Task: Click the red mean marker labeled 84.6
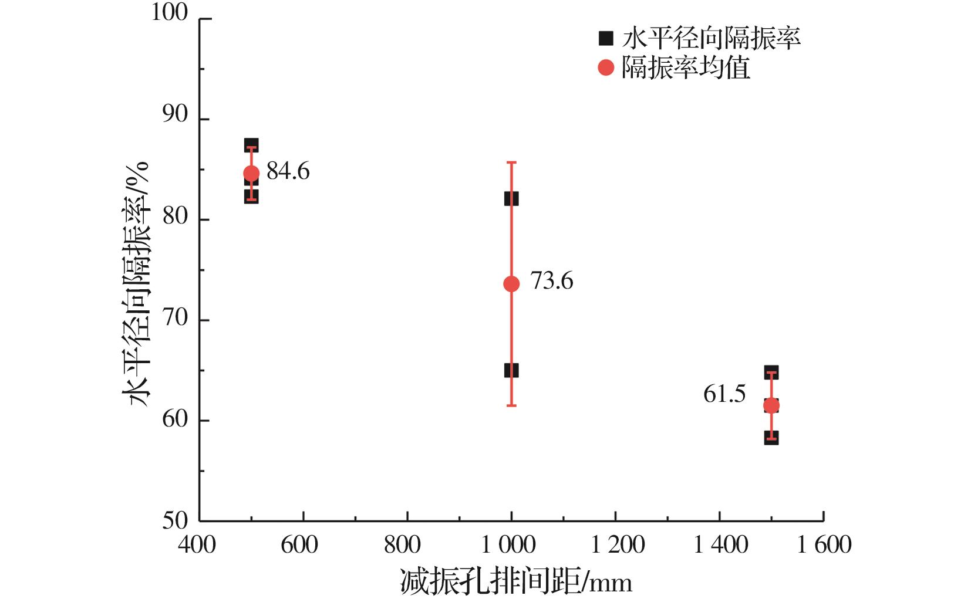[251, 173]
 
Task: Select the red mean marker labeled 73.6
[511, 284]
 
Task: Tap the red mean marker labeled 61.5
[771, 405]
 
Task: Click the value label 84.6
[288, 171]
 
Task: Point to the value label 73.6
[551, 281]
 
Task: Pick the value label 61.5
[724, 394]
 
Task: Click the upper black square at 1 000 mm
[511, 199]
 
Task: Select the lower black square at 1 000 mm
[511, 371]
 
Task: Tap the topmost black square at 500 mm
[251, 145]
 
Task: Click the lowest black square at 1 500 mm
[771, 438]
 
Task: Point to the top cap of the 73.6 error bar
[511, 163]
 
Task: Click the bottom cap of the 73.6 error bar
[511, 405]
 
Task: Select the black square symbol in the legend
[605, 39]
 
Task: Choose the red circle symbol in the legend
[605, 68]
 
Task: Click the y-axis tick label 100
[170, 13]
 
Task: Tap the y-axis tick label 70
[175, 319]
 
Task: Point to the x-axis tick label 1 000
[508, 545]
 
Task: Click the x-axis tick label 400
[197, 545]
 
